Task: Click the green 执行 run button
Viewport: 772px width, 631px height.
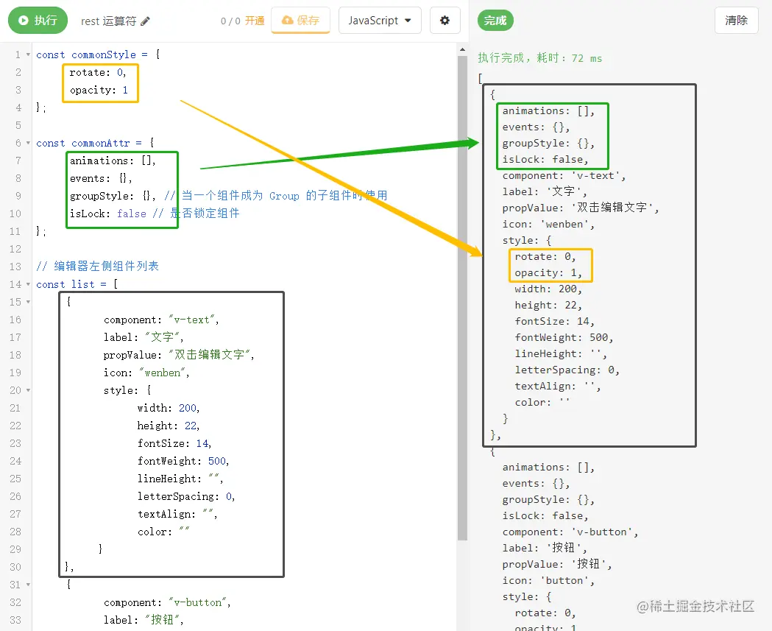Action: (x=38, y=21)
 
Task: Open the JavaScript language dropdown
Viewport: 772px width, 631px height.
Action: (x=379, y=21)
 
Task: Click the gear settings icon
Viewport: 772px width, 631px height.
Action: (x=445, y=21)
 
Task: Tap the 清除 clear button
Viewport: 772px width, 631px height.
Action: (x=736, y=21)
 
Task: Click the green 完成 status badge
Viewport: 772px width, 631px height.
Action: (x=495, y=21)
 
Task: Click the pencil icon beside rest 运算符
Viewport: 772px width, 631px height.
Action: (x=146, y=21)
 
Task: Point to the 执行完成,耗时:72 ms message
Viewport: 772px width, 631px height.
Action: (x=540, y=58)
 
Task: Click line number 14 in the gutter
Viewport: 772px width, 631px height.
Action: (x=15, y=284)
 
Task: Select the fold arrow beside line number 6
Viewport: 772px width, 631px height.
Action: (x=28, y=143)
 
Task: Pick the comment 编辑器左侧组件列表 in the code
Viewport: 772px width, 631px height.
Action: (x=104, y=266)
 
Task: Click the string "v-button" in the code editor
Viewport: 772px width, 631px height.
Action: (x=199, y=602)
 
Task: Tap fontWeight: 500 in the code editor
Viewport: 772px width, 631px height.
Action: (x=183, y=461)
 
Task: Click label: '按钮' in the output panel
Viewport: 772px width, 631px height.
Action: (x=545, y=548)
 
